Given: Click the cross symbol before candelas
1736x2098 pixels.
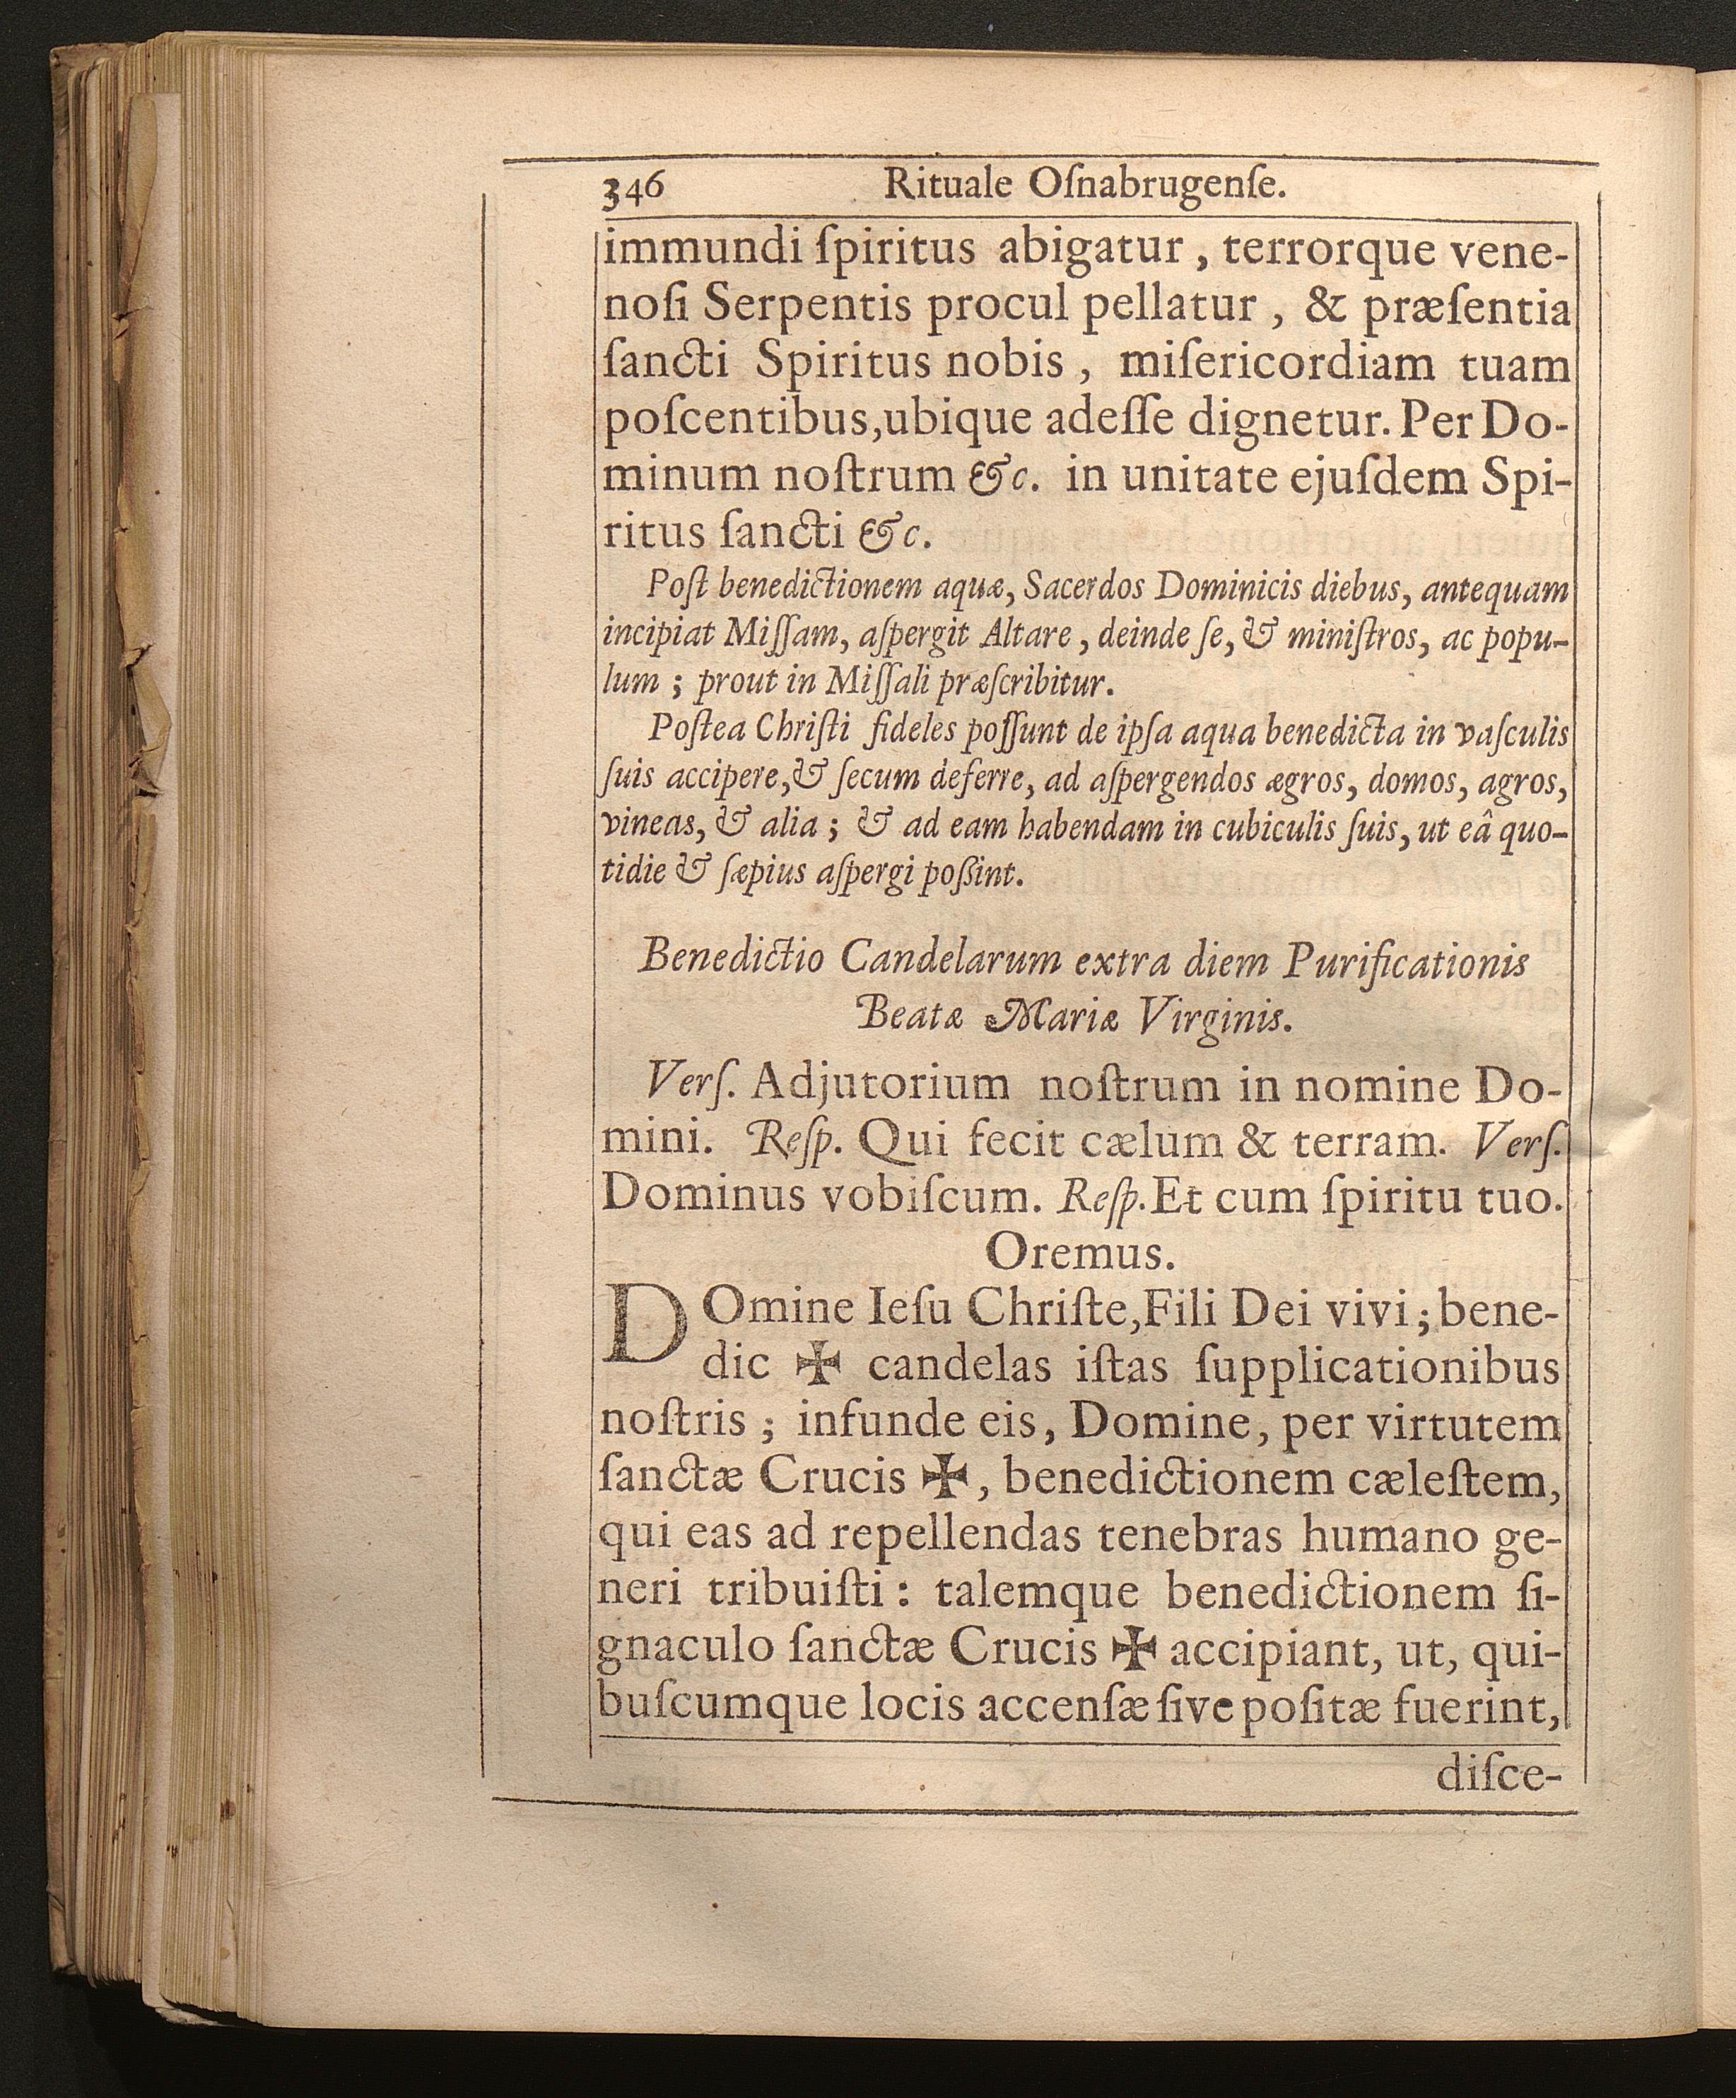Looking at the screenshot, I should (816, 1368).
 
